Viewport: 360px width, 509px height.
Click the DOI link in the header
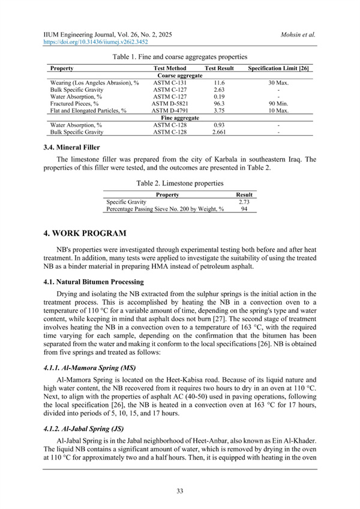(95, 43)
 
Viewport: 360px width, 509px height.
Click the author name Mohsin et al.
(298, 35)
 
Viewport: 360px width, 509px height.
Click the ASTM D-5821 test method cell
(170, 103)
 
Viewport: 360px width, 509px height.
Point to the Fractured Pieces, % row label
(74, 103)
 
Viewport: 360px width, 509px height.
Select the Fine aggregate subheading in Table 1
(179, 117)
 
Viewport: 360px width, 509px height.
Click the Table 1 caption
(179, 56)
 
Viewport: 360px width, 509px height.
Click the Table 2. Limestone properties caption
(179, 182)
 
